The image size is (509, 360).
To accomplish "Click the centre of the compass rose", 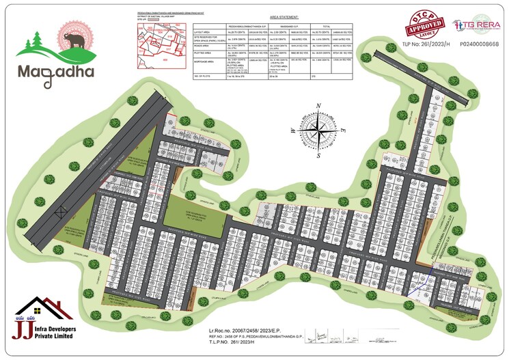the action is click(318, 128).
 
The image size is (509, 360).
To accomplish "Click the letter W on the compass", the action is click(292, 130).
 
